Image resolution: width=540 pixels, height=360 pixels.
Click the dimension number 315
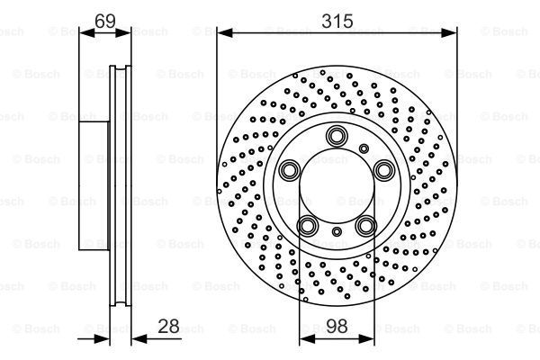(x=337, y=21)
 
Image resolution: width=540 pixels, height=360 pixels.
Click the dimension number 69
(x=105, y=21)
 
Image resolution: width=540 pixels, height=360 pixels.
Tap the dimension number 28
(x=169, y=326)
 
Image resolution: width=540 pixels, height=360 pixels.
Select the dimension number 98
(x=337, y=326)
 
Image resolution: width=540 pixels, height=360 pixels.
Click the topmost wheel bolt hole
(x=337, y=136)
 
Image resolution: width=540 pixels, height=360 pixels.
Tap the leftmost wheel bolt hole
(x=289, y=170)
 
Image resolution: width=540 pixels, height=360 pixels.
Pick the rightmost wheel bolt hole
(x=384, y=170)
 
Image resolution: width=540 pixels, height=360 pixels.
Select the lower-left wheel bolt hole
(x=307, y=226)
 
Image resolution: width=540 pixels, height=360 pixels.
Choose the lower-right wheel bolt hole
(x=366, y=226)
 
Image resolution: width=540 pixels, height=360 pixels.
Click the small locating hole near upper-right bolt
(x=364, y=148)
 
